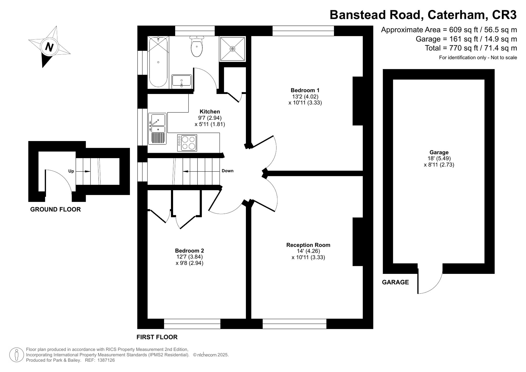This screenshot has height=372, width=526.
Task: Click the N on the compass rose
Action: pos(49,47)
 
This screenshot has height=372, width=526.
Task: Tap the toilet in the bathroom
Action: pos(197,46)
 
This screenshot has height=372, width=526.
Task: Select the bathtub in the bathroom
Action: pos(158,62)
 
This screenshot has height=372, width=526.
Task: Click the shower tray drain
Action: pos(232,49)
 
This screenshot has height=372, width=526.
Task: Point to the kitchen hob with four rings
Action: pos(187,143)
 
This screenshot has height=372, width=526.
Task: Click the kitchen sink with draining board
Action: pos(157,129)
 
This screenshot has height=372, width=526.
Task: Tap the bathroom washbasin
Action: pos(181,81)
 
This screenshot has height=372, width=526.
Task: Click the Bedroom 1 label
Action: pos(305,90)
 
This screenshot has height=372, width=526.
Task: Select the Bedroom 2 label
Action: pos(190,251)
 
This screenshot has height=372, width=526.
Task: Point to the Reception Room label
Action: pos(308,245)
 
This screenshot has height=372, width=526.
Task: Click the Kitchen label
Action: pos(210,112)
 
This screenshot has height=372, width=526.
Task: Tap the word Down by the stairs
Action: pos(227,171)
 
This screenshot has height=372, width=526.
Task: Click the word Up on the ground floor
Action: pos(71,171)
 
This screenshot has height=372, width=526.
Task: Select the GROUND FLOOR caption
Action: pos(55,209)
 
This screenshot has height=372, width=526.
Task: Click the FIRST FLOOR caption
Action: pos(157,337)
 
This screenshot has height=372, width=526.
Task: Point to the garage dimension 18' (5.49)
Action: pos(439,158)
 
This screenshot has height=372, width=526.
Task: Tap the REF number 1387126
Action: pos(106,360)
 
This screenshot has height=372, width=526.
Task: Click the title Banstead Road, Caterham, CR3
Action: pos(423,15)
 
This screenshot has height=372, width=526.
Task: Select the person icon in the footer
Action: pos(17,355)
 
